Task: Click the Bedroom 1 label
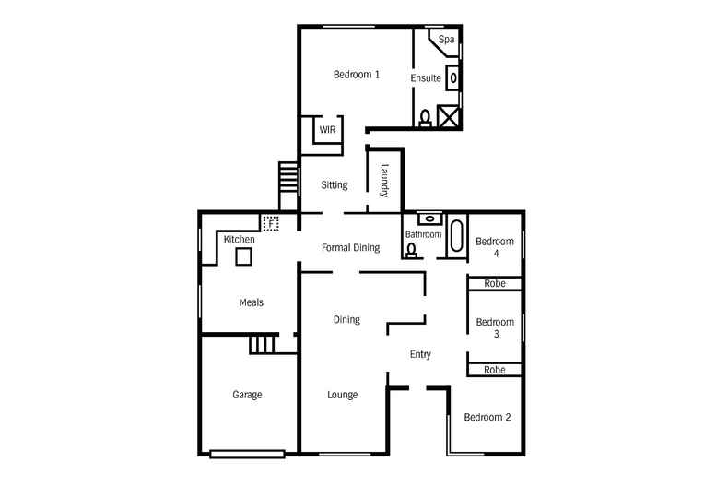click(x=357, y=75)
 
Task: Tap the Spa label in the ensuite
click(x=446, y=40)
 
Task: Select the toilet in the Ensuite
click(x=425, y=118)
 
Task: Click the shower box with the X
click(x=448, y=116)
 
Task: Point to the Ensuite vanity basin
click(x=453, y=77)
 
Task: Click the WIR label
click(x=327, y=130)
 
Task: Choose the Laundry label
click(x=384, y=181)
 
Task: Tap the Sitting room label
click(x=335, y=185)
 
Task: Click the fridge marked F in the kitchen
click(x=270, y=223)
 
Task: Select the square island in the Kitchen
click(x=243, y=256)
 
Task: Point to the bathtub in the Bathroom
click(x=456, y=235)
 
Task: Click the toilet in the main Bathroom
click(x=411, y=251)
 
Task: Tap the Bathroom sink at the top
click(x=430, y=219)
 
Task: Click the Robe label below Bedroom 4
click(x=495, y=283)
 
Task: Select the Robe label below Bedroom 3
click(x=495, y=370)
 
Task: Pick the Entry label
click(x=420, y=354)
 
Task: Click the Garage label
click(x=247, y=395)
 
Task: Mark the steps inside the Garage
click(x=263, y=344)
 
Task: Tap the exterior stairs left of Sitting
click(x=288, y=176)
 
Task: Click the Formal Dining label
click(x=350, y=248)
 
